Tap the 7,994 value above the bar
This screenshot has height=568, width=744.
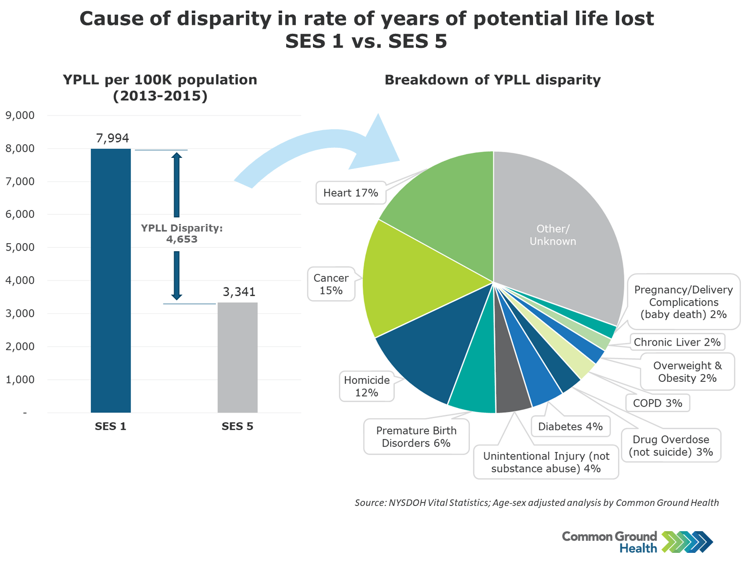113,138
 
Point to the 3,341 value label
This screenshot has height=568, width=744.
239,292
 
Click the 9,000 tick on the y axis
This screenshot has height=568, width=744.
20,116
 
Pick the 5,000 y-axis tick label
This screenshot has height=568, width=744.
20,247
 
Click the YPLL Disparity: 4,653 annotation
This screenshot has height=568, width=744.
182,234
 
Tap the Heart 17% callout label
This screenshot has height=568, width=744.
351,193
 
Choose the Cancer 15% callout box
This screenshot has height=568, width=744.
331,284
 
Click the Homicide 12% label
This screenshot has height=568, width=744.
367,386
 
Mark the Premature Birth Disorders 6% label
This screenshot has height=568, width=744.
416,437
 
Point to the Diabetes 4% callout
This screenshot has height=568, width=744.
570,427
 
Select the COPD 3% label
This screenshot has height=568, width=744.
657,403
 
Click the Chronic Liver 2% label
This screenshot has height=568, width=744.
677,342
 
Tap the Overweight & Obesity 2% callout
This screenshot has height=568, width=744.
687,372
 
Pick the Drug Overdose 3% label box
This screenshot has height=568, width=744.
671,445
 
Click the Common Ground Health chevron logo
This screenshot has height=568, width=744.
687,542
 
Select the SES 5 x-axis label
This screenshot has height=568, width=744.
237,426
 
